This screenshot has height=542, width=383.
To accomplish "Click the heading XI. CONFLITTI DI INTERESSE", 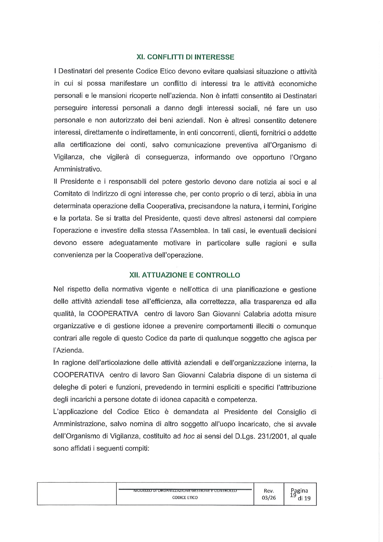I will (185, 57).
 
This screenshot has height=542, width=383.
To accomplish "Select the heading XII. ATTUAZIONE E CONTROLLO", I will (185, 275).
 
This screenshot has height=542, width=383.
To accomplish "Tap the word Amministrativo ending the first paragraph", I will (77, 169).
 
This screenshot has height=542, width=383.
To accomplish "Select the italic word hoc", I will (189, 436).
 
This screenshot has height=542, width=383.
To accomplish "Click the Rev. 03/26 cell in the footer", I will (269, 494).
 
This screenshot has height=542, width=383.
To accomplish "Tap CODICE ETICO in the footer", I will (185, 498).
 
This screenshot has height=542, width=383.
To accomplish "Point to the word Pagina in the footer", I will (299, 491).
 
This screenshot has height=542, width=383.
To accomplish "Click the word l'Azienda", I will (69, 351).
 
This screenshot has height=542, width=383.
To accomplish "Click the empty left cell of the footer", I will (77, 494).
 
